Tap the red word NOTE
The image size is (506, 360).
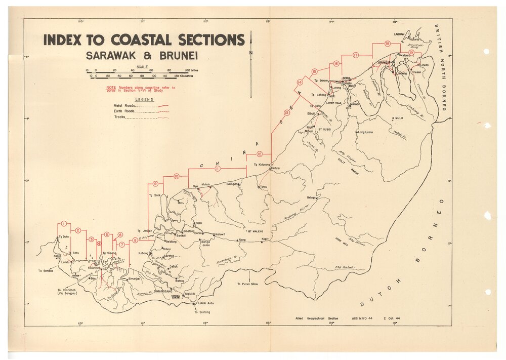click(x=110, y=88)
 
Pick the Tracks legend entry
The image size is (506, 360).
click(x=119, y=117)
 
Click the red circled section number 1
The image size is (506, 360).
click(x=64, y=224)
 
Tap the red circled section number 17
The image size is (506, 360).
click(x=356, y=55)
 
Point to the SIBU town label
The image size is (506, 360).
click(x=198, y=223)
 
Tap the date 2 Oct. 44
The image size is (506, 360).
click(x=392, y=318)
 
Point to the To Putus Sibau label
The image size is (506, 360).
click(x=247, y=284)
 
